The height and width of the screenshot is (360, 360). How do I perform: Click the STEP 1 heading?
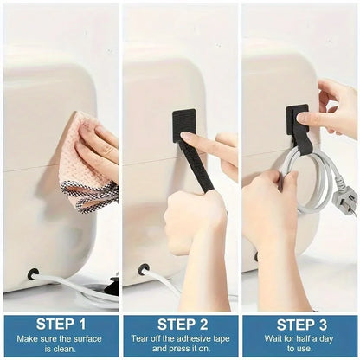[60, 324]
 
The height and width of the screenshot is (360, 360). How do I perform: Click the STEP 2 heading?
[180, 324]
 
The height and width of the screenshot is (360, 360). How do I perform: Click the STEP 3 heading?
[300, 324]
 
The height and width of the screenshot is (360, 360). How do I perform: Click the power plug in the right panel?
[344, 202]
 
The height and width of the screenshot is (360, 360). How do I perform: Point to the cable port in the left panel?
[33, 274]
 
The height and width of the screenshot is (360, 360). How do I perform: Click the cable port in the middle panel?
[144, 269]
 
